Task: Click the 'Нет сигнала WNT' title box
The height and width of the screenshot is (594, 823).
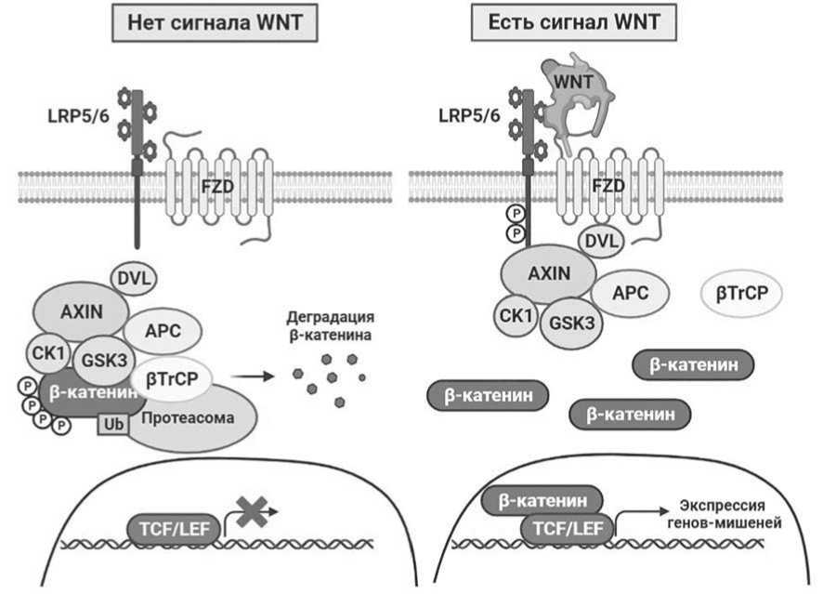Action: tap(215, 22)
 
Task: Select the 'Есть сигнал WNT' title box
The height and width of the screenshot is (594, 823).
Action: tap(574, 22)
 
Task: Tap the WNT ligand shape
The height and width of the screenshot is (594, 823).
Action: tap(575, 98)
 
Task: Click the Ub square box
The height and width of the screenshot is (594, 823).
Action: tap(113, 424)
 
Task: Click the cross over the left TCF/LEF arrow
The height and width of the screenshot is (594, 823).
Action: tap(253, 511)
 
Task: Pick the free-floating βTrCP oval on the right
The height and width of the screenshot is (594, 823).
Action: tap(741, 293)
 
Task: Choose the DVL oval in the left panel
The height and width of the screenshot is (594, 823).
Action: tap(134, 278)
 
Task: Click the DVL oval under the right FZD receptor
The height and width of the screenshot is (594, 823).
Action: tap(602, 241)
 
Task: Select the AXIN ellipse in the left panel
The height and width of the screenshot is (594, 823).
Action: tap(82, 312)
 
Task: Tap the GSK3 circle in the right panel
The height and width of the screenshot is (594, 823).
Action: tap(571, 323)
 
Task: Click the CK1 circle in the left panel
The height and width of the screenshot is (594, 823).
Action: tap(48, 352)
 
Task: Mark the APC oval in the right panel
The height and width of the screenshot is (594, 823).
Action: tap(631, 293)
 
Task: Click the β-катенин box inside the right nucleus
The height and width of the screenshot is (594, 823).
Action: tap(542, 500)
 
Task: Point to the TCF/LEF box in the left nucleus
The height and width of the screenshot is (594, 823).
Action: tap(174, 528)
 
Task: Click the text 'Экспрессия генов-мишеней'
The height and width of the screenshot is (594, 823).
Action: tap(724, 514)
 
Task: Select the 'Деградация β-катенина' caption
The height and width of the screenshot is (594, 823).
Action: tap(331, 325)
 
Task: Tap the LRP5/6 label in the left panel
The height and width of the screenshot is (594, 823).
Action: tap(79, 116)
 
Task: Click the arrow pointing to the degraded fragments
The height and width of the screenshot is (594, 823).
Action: tap(253, 376)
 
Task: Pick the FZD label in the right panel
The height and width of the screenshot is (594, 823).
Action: tap(608, 185)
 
